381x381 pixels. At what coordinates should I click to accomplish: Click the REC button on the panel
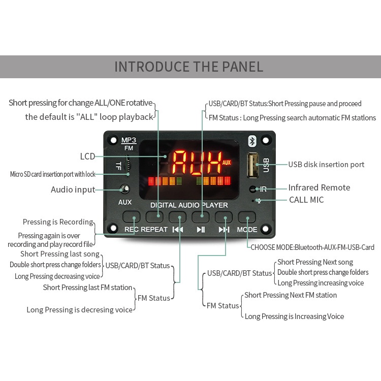coord(131,217)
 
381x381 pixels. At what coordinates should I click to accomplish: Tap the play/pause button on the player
coord(201,217)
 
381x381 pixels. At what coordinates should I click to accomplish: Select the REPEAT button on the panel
coord(154,217)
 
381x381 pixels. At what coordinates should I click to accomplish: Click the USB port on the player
coord(252,165)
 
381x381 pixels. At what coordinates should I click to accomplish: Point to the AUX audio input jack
coord(125,189)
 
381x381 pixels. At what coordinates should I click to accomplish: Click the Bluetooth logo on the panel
coord(252,141)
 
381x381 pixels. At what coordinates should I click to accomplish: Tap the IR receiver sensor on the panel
coord(252,189)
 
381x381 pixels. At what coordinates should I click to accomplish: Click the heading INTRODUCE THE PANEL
coord(189,67)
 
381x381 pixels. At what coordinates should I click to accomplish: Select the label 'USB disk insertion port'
coord(326,165)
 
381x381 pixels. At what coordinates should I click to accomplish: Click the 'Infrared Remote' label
coord(319,187)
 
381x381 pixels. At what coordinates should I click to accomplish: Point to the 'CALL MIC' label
coord(306,200)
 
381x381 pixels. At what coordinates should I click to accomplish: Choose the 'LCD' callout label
coord(87,156)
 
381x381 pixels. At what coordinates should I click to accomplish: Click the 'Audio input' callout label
coord(73,189)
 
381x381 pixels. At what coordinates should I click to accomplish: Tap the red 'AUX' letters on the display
coord(226,163)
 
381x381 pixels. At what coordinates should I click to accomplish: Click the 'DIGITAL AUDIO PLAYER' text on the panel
coord(189,205)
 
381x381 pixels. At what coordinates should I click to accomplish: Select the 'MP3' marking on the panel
coord(129,140)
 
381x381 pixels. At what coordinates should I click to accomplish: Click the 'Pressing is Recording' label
coord(58,222)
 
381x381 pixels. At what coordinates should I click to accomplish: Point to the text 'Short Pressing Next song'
coord(315,262)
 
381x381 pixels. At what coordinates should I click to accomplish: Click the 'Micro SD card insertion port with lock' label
coord(53,174)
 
